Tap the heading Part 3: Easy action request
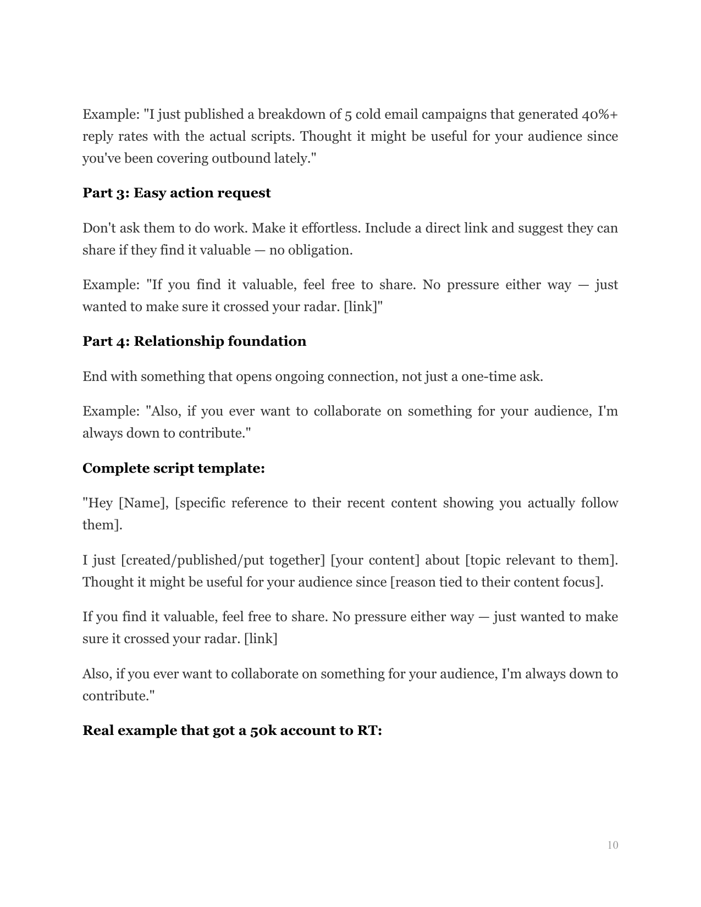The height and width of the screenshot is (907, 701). pos(176,193)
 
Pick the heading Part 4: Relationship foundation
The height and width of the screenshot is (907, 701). pos(194,341)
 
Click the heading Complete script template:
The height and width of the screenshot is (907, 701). pos(174,468)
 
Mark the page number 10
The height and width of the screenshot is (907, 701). pos(612,845)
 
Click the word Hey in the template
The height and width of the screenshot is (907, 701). pos(98,503)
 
